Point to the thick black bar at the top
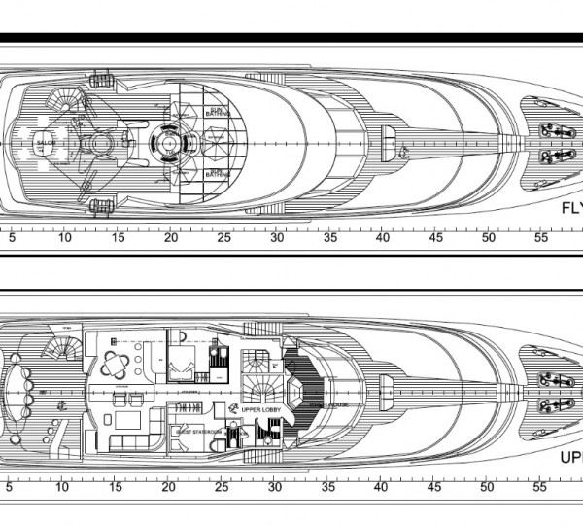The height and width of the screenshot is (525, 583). (x=291, y=38)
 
